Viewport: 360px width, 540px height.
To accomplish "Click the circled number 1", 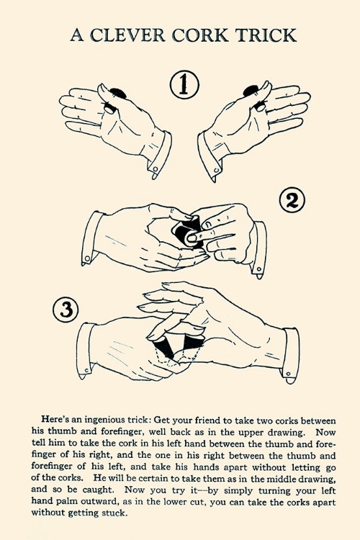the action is tap(184, 84).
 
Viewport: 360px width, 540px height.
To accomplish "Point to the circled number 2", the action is tap(292, 201).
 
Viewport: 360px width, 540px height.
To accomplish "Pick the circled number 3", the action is tap(66, 310).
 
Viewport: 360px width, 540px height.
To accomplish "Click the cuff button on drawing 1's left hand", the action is tap(156, 169).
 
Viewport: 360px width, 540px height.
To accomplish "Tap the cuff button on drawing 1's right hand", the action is tap(217, 171).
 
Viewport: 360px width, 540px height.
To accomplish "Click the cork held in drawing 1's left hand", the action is tap(114, 99).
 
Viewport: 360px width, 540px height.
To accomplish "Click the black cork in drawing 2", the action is tap(189, 230).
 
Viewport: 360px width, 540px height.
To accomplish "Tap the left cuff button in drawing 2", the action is tap(87, 258).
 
